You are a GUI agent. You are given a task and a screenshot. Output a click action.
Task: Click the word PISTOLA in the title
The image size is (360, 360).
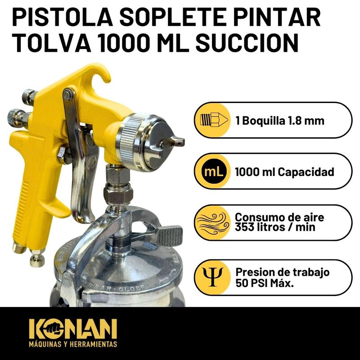[x=63, y=17]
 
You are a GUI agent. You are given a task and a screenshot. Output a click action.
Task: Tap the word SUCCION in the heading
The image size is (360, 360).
[x=247, y=43]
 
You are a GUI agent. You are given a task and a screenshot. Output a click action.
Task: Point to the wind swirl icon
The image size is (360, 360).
[x=212, y=223]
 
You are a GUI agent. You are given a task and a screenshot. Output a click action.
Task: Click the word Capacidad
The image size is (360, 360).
[x=306, y=172]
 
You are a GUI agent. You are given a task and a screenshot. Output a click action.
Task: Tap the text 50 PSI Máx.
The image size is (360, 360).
[x=265, y=283]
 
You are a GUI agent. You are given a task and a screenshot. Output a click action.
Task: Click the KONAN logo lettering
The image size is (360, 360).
[x=73, y=329]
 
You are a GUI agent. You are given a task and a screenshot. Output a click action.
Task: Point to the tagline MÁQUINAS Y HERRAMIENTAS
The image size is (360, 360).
[x=73, y=344]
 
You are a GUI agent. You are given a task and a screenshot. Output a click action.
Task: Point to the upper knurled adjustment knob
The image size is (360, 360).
[x=29, y=96]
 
